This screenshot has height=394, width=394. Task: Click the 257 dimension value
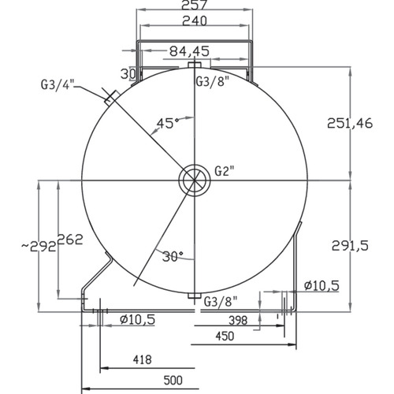[x=195, y=5]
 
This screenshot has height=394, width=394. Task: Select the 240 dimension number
[x=195, y=20]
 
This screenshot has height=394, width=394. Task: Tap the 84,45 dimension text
[x=189, y=51]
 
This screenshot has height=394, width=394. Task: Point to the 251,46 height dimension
[x=350, y=123]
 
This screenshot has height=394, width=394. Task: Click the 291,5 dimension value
[x=350, y=246]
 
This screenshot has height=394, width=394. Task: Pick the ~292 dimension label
[x=39, y=247]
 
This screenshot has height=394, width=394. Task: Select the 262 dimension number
[x=70, y=240]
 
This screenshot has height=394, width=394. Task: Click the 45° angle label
[x=168, y=123]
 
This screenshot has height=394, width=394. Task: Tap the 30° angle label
[x=173, y=256]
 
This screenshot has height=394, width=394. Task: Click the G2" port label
[x=224, y=171]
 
